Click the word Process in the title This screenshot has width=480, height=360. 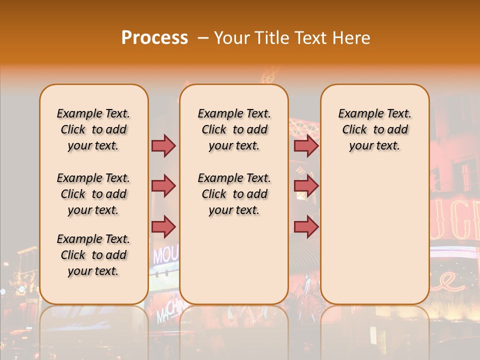(x=154, y=38)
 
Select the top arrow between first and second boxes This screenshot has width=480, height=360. (x=163, y=146)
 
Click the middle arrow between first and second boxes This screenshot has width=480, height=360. (x=163, y=186)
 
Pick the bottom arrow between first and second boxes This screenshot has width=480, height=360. (x=163, y=226)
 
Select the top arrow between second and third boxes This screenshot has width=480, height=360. (x=306, y=146)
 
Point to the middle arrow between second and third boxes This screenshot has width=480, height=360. (x=306, y=186)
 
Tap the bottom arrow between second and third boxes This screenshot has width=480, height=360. (x=306, y=226)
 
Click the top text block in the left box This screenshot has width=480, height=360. (x=93, y=129)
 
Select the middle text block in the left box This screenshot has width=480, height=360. (x=93, y=194)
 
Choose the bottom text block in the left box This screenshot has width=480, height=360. (x=93, y=255)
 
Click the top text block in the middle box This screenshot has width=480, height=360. (x=234, y=129)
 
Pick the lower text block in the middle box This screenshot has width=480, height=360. (x=234, y=194)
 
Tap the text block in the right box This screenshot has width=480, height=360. (x=374, y=129)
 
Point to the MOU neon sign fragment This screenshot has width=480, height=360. (x=164, y=255)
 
